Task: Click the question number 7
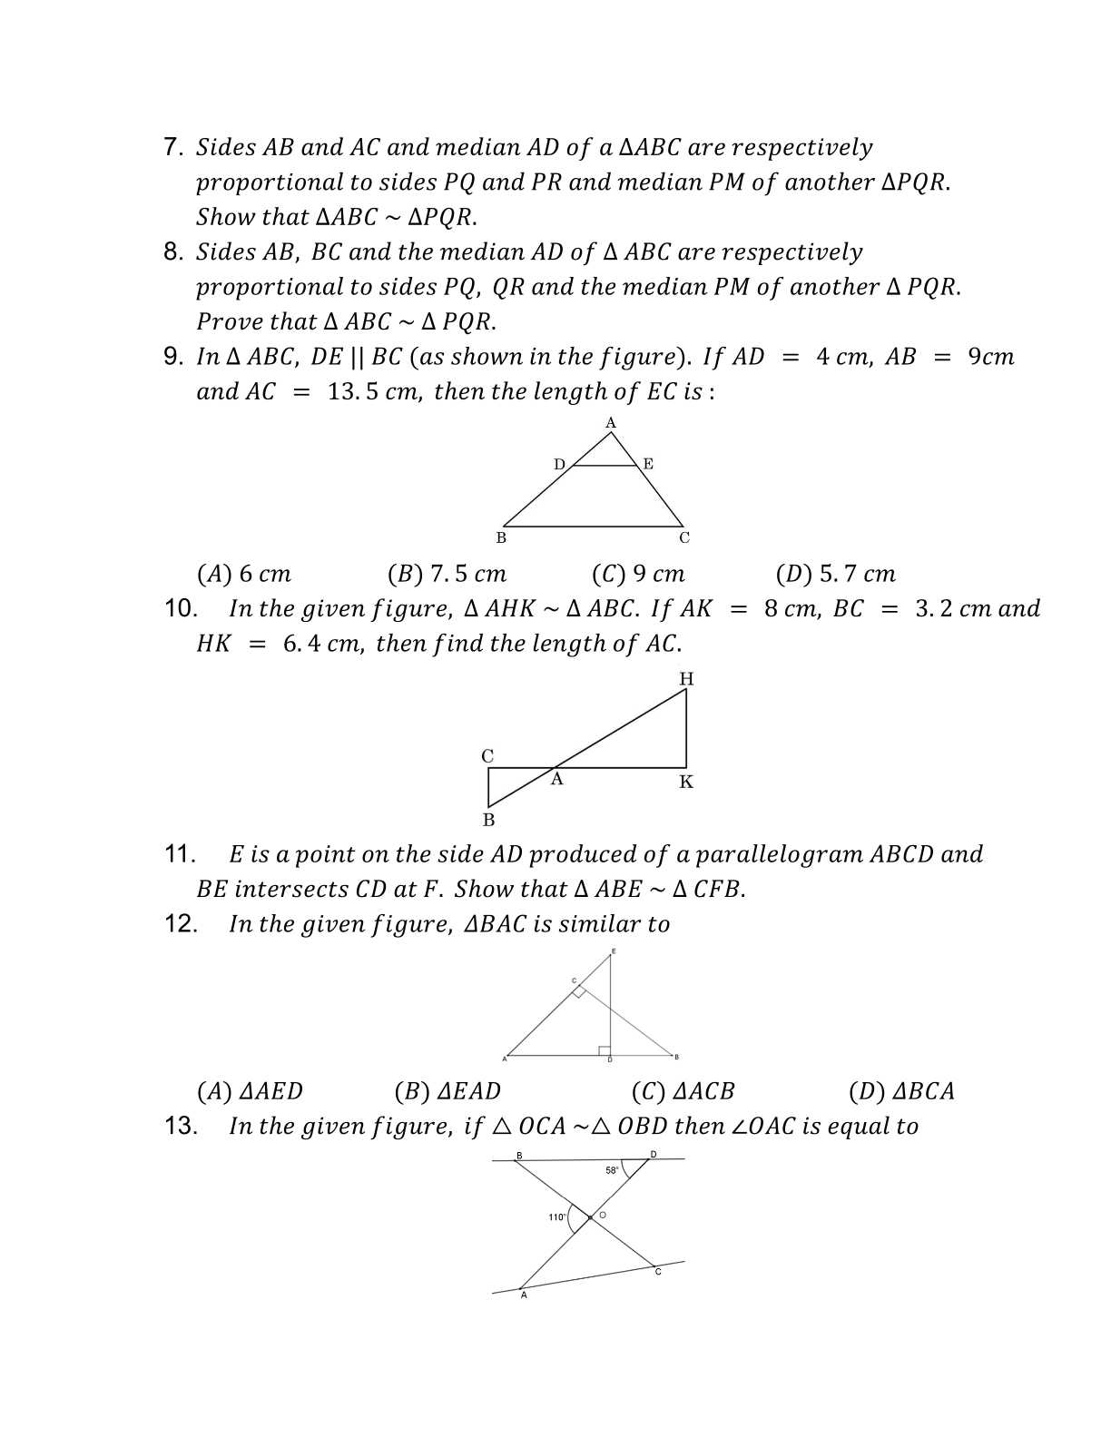pyautogui.click(x=173, y=147)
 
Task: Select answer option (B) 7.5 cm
pyautogui.click(x=447, y=574)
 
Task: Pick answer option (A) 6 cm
pyautogui.click(x=243, y=574)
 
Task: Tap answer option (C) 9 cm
pyautogui.click(x=638, y=574)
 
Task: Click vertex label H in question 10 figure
pyautogui.click(x=686, y=678)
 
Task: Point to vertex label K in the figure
pyautogui.click(x=686, y=783)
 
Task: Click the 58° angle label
pyautogui.click(x=613, y=1170)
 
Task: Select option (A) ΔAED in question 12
pyautogui.click(x=250, y=1091)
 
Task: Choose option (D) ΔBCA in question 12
pyautogui.click(x=901, y=1091)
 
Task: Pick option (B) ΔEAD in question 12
pyautogui.click(x=447, y=1091)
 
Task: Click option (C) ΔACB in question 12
pyautogui.click(x=683, y=1091)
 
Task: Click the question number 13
pyautogui.click(x=181, y=1127)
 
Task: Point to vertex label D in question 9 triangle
pyautogui.click(x=559, y=464)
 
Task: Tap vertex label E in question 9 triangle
pyautogui.click(x=648, y=464)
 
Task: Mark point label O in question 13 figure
pyautogui.click(x=603, y=1215)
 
